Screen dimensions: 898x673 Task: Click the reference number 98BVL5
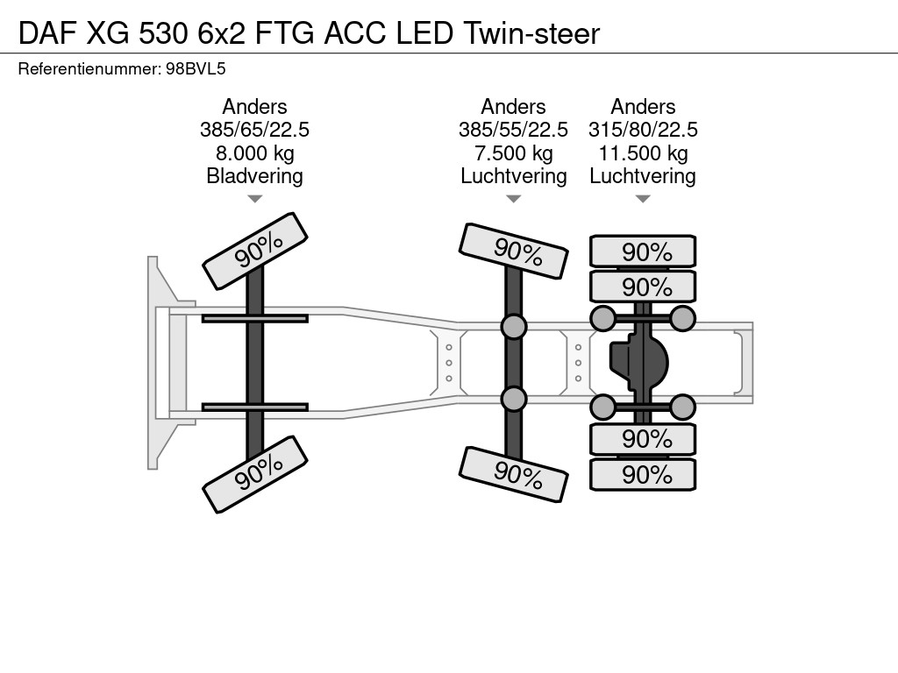196,69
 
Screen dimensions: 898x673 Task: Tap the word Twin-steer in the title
531,34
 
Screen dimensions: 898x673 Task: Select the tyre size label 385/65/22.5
254,130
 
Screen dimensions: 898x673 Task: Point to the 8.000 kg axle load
254,153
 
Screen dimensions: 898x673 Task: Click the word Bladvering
254,176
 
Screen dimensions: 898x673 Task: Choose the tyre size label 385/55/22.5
513,130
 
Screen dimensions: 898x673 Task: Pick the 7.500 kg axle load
513,153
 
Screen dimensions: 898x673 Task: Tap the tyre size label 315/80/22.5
643,130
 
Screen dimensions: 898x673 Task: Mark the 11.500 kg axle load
643,153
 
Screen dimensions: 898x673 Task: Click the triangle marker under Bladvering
255,199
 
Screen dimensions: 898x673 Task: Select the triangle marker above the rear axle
643,199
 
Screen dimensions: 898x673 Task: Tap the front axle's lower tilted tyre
255,474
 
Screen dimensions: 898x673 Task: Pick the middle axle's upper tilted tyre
513,251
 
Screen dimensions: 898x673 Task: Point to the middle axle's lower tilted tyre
513,474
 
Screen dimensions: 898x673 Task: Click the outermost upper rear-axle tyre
643,251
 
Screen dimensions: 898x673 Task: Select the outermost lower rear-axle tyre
643,474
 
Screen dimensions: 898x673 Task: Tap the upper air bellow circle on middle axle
514,327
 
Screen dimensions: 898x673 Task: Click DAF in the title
48,34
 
